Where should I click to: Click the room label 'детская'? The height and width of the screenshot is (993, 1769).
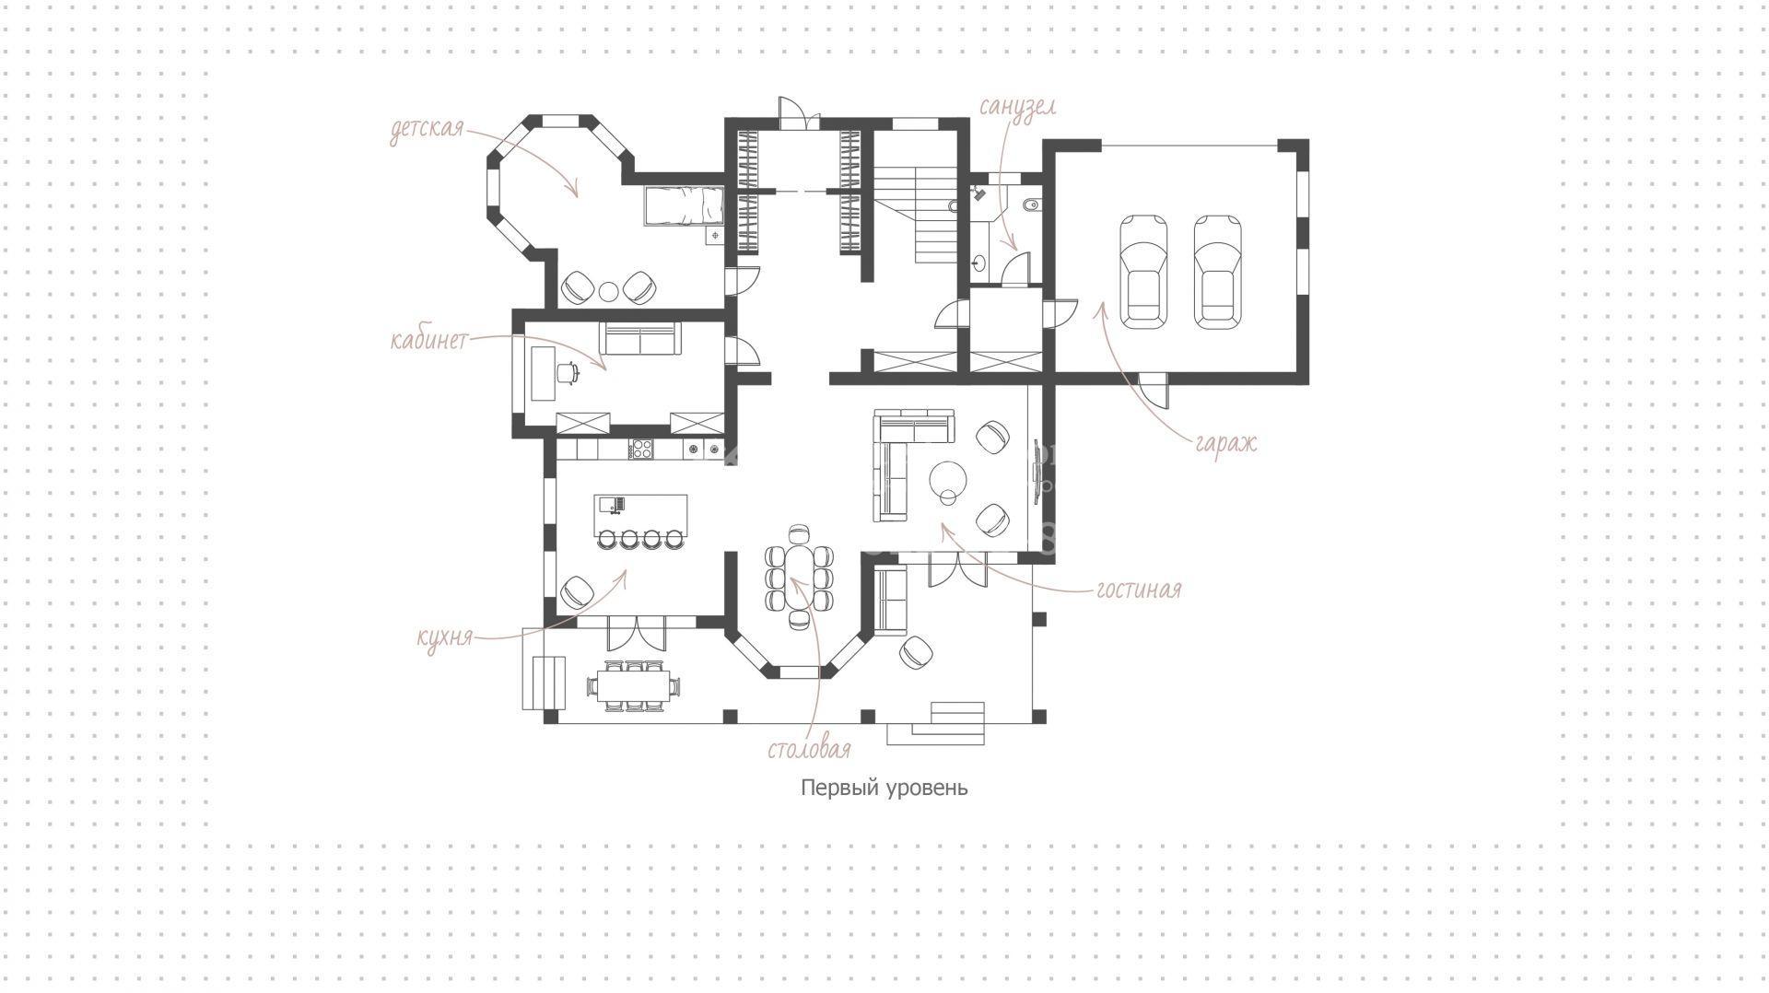click(426, 129)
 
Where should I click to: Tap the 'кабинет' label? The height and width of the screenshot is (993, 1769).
click(429, 340)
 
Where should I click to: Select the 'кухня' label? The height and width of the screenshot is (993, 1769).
click(445, 637)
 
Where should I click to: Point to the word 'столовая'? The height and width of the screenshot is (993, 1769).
click(809, 749)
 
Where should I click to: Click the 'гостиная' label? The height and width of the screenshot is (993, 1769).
click(1139, 589)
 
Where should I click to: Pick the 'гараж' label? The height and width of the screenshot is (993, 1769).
click(1226, 443)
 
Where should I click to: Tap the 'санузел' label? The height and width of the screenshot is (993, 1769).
click(1017, 107)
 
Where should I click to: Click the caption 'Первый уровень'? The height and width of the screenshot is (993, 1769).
click(884, 789)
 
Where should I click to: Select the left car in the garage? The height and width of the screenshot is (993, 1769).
click(1143, 271)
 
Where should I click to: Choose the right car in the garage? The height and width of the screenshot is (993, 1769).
click(1217, 271)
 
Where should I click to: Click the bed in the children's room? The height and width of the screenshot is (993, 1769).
click(683, 204)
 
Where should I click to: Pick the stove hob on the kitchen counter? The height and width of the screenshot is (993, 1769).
click(641, 450)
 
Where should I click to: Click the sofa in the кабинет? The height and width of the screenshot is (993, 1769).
click(641, 339)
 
